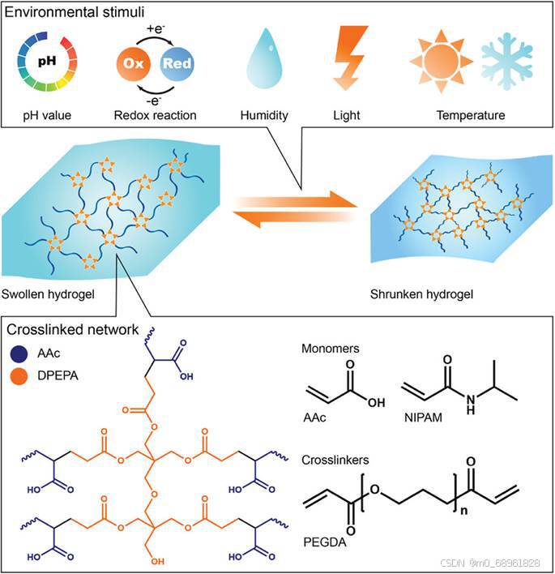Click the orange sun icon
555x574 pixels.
[438, 64]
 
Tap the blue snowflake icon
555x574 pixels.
[508, 66]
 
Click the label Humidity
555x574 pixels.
[263, 115]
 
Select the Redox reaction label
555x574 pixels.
[156, 115]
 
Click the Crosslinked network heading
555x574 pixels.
[70, 331]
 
